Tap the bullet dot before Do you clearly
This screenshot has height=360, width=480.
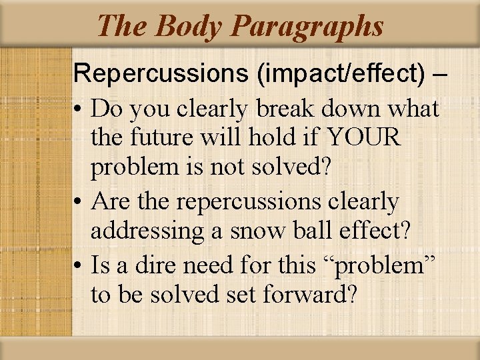pyautogui.click(x=79, y=109)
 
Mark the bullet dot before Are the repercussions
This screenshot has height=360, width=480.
pyautogui.click(x=79, y=201)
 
